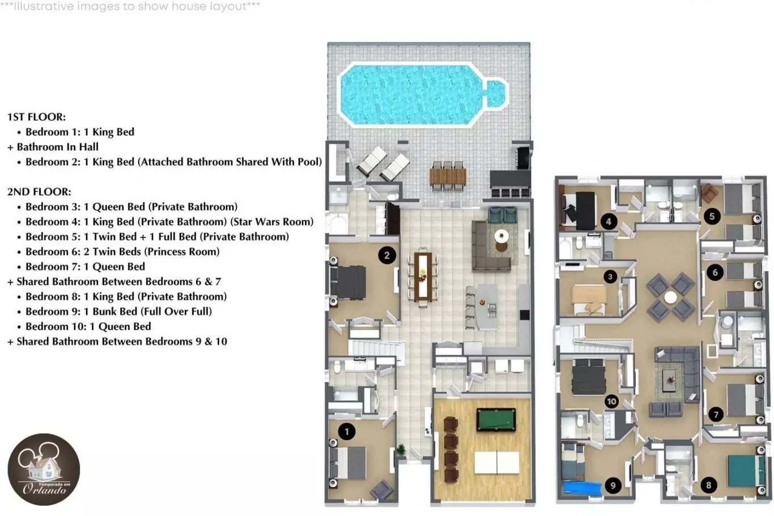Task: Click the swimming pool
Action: [x=422, y=94]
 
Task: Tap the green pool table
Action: [x=496, y=419]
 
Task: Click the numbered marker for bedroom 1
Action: [x=347, y=432]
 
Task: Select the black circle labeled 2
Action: [x=386, y=255]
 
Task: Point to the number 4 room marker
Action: [x=609, y=221]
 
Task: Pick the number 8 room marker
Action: [x=708, y=485]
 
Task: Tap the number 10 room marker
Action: [x=611, y=402]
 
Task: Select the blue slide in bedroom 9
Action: [x=582, y=488]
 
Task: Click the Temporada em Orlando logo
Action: [x=44, y=470]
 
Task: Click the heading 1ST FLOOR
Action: [x=36, y=117]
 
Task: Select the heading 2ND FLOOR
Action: [x=39, y=191]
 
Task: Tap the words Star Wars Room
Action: [x=272, y=221]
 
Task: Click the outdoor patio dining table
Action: [x=448, y=176]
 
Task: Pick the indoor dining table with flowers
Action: [x=423, y=276]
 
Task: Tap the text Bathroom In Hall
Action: [x=58, y=147]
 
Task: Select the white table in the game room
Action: [x=496, y=462]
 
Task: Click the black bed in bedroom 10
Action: [x=589, y=377]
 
